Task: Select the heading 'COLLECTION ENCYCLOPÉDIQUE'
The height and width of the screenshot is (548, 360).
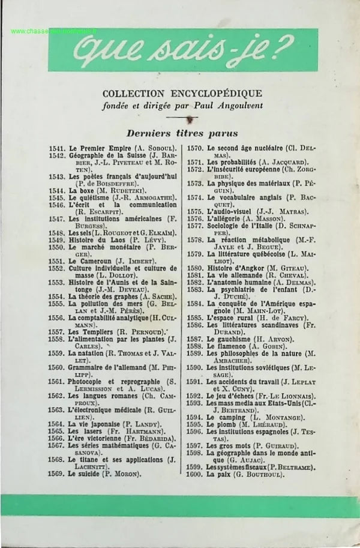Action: coord(182,93)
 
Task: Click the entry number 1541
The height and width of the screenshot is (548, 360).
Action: coord(58,148)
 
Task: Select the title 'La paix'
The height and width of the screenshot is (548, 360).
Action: coord(220,473)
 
